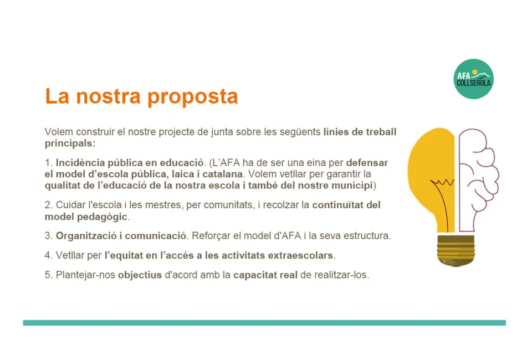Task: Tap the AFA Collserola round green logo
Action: (473, 79)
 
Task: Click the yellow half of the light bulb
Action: (432, 176)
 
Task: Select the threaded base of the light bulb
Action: (456, 250)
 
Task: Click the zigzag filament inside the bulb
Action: (442, 183)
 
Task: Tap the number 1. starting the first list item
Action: (49, 163)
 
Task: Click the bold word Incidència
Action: (80, 163)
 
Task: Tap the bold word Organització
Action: (86, 236)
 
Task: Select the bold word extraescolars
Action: (300, 255)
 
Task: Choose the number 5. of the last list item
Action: (49, 275)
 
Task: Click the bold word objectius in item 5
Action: (140, 275)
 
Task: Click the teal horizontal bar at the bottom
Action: (264, 323)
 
